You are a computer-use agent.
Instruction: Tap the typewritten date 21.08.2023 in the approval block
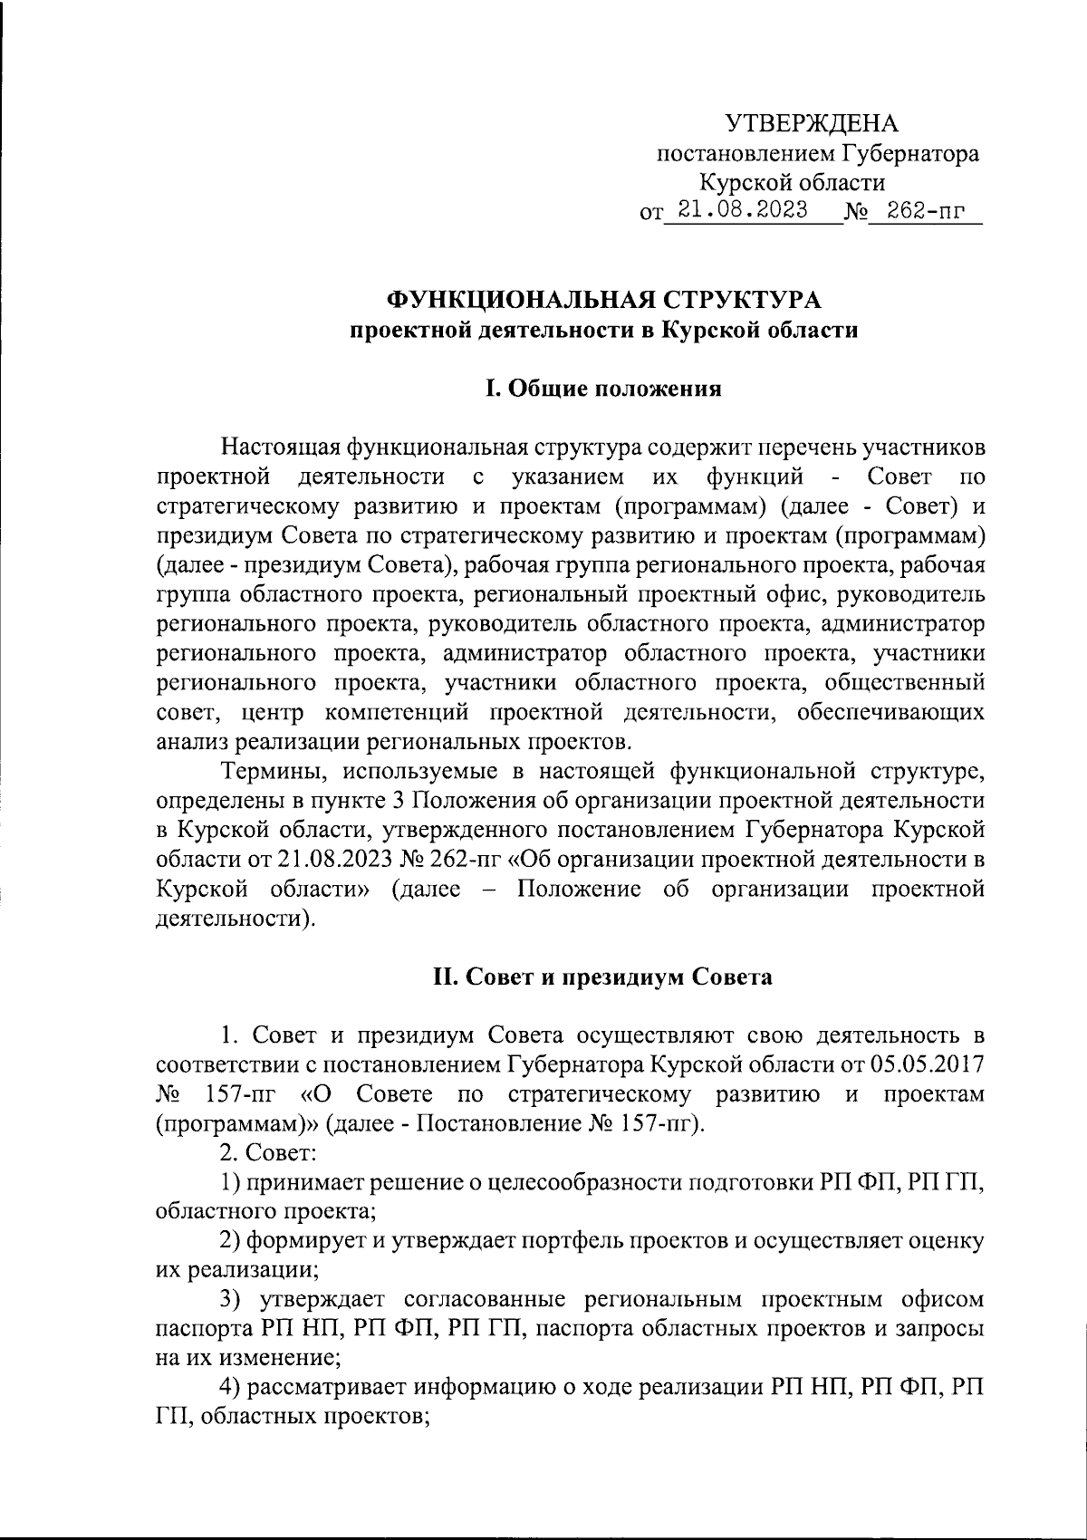click(x=744, y=211)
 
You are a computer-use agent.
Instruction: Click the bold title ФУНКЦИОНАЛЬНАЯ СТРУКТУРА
click(x=604, y=300)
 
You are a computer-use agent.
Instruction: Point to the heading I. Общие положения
click(x=603, y=390)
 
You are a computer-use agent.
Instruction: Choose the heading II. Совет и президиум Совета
click(x=603, y=977)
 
